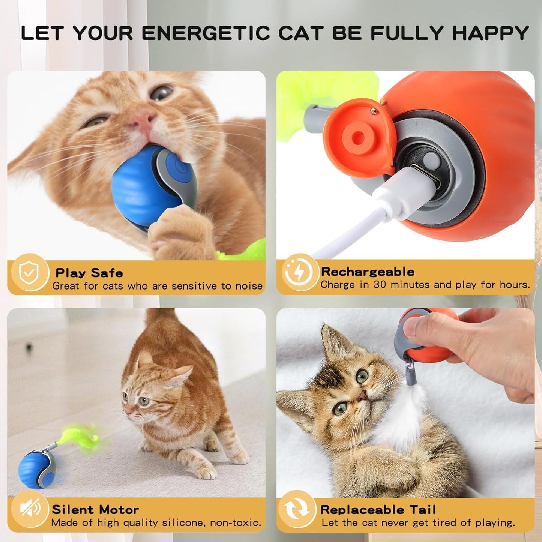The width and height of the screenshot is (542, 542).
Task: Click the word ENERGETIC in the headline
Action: pos(206,33)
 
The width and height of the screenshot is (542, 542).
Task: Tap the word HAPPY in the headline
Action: pos(490,33)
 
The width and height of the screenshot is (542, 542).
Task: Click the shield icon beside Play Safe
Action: pos(28,273)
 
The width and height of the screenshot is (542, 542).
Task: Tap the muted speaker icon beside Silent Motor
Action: pos(30,509)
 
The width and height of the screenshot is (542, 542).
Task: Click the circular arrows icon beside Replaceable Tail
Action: pos(297,509)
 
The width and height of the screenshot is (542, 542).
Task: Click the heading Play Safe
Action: pos(89,273)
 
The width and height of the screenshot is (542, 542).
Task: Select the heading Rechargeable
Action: pos(368,272)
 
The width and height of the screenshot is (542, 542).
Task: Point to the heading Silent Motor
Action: pos(95,509)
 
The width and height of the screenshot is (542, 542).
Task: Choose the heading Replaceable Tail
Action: pos(378,509)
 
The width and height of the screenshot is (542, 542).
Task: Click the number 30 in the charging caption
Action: pos(380,285)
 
